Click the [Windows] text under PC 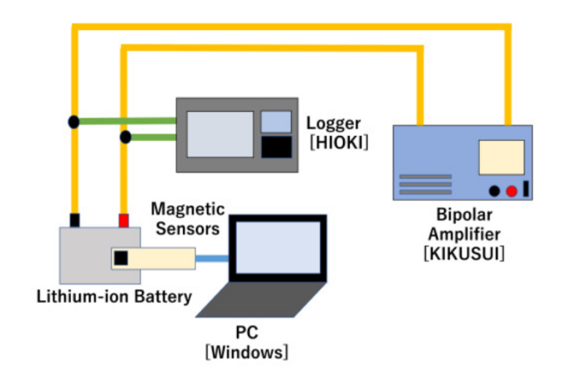[x=247, y=351]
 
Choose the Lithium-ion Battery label [x=114, y=295]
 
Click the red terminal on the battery [x=124, y=220]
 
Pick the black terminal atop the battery [x=74, y=220]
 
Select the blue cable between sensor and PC [x=213, y=258]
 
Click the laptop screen [x=276, y=251]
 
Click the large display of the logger [x=220, y=134]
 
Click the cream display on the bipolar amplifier [x=501, y=157]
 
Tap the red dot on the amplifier [x=511, y=190]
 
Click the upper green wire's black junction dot [x=74, y=122]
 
